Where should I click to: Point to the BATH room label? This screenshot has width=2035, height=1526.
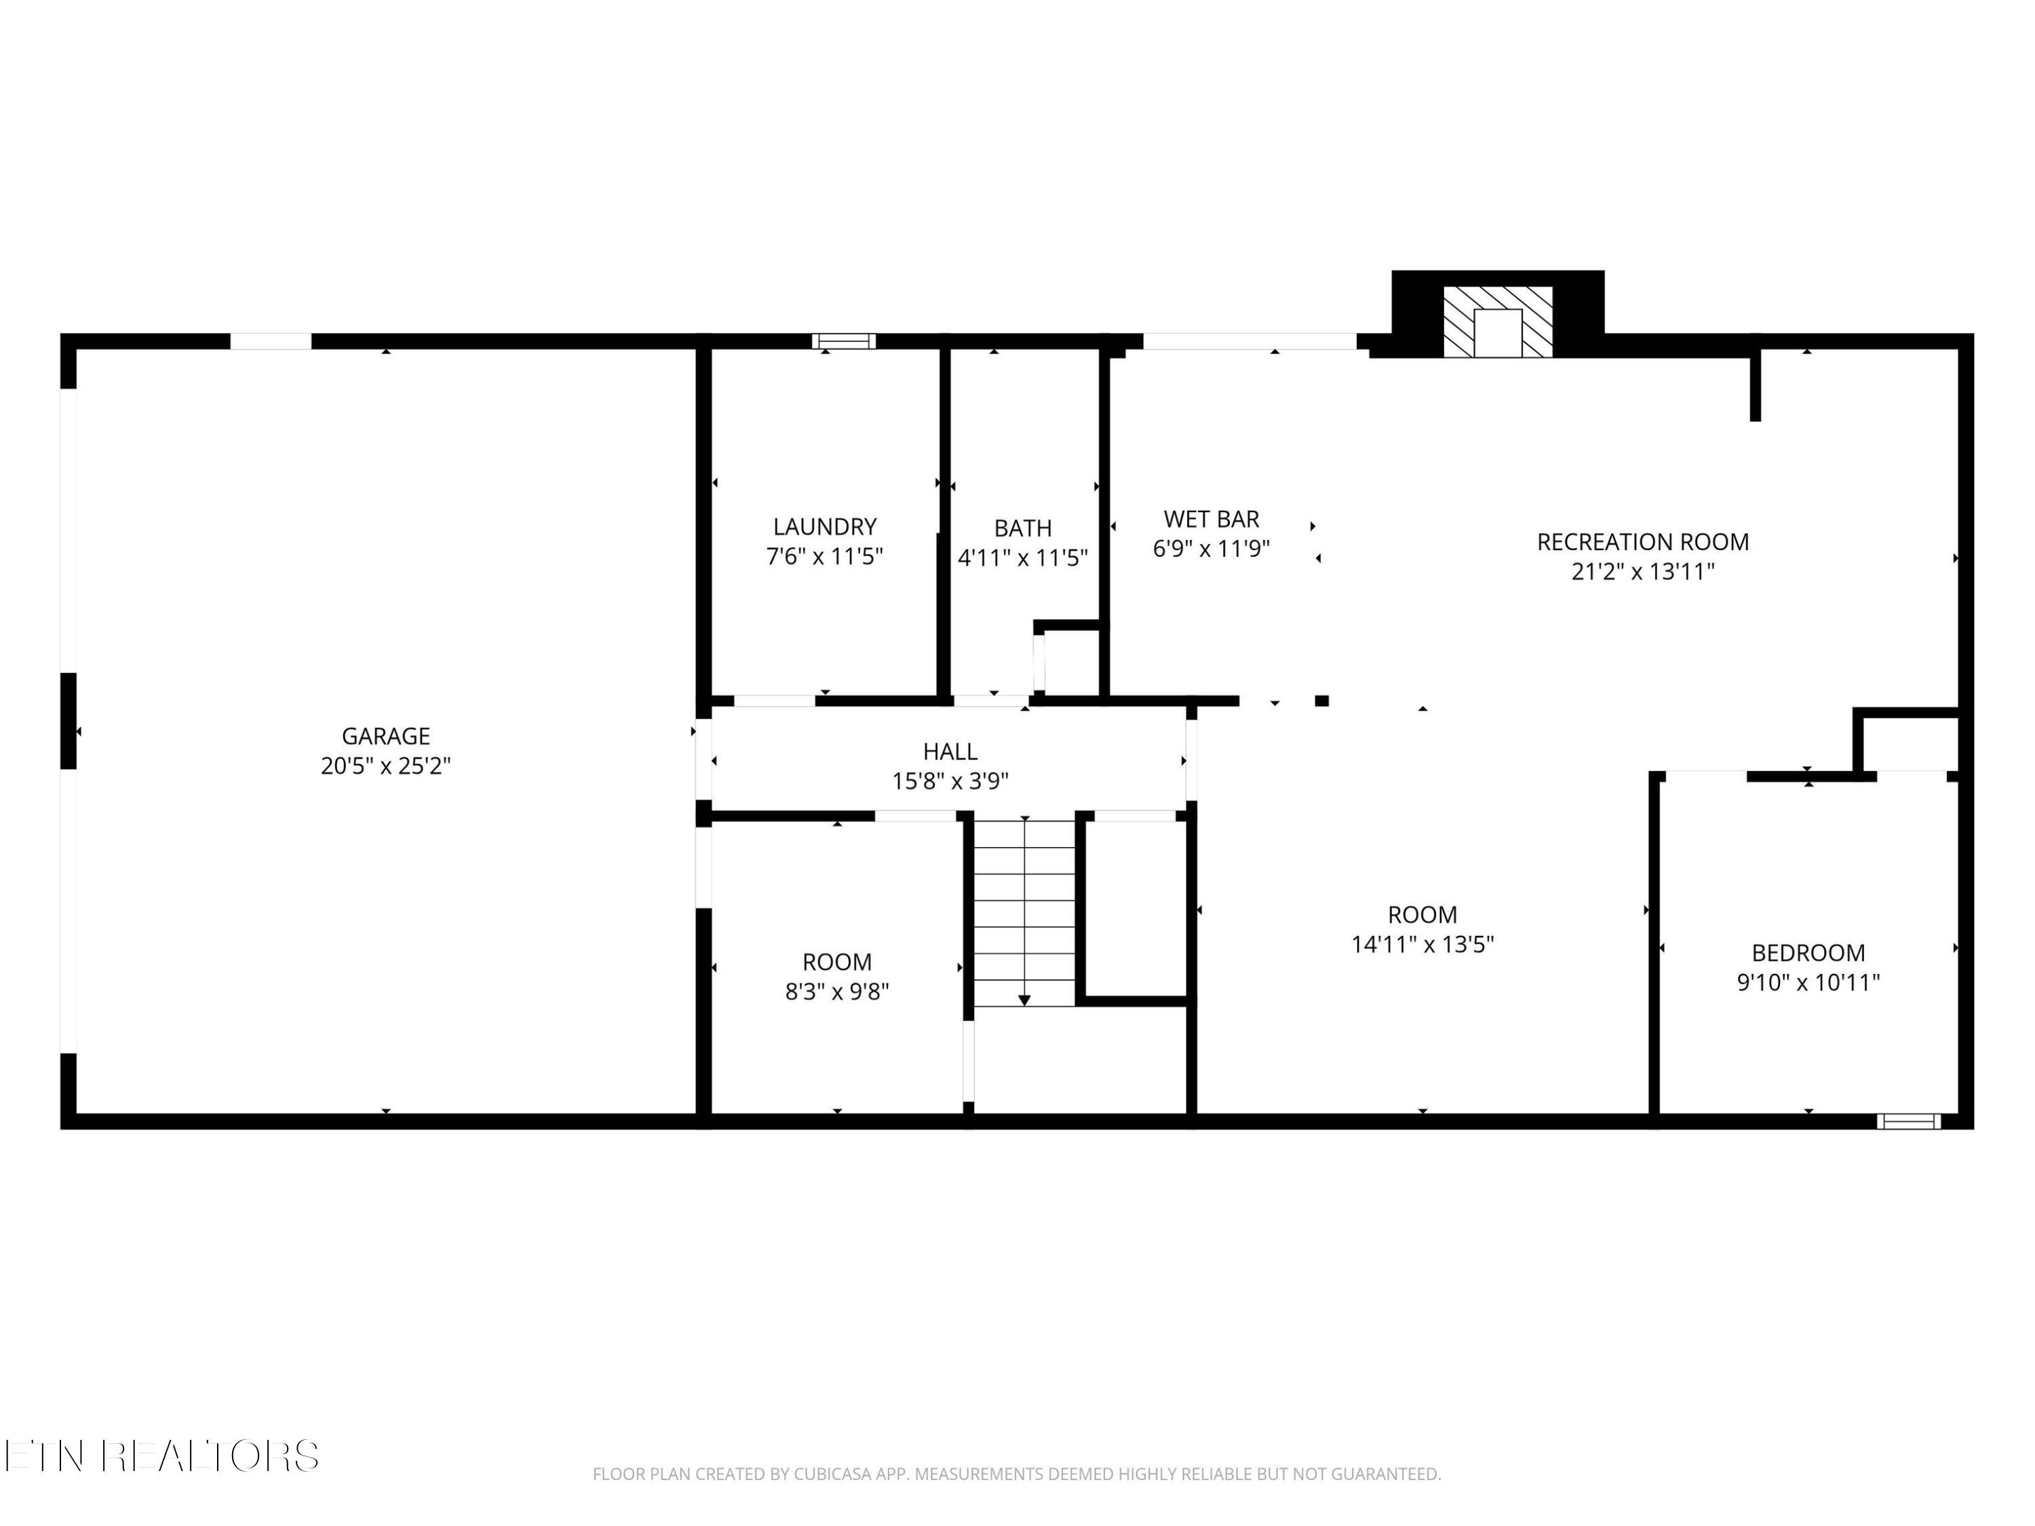pyautogui.click(x=1023, y=528)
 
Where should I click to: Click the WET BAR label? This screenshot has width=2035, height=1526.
pyautogui.click(x=1212, y=519)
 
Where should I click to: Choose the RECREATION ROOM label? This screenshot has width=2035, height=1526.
pyautogui.click(x=1643, y=542)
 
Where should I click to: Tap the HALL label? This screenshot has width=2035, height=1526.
pyautogui.click(x=950, y=751)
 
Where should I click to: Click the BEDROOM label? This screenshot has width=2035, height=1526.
pyautogui.click(x=1808, y=952)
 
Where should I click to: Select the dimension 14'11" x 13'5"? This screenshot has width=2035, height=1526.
pyautogui.click(x=1422, y=944)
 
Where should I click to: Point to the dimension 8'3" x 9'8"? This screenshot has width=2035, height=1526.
pyautogui.click(x=837, y=992)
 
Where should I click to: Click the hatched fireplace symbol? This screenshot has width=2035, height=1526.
pyautogui.click(x=1498, y=322)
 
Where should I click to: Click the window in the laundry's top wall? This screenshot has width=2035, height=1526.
pyautogui.click(x=844, y=341)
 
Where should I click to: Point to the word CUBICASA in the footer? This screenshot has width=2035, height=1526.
pyautogui.click(x=829, y=1474)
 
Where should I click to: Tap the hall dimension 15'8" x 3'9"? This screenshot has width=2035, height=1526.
pyautogui.click(x=950, y=781)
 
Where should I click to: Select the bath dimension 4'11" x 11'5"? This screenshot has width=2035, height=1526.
pyautogui.click(x=1023, y=557)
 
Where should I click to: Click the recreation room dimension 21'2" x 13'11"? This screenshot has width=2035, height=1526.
pyautogui.click(x=1643, y=571)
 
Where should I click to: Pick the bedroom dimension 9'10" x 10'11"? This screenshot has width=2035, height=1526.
pyautogui.click(x=1808, y=981)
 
